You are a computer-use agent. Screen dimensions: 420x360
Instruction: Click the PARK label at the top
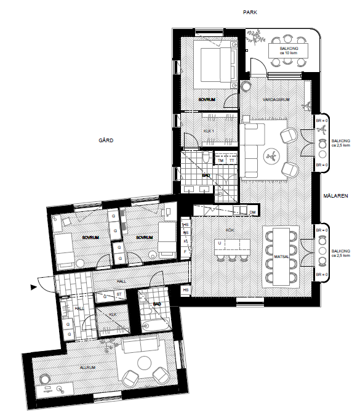249,12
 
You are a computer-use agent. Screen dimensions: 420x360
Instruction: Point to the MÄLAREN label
336,196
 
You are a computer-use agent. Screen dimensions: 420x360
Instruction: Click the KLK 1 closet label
210,131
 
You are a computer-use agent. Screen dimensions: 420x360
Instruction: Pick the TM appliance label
220,161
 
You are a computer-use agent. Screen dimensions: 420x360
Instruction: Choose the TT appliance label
231,161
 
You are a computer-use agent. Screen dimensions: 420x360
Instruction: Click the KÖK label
230,230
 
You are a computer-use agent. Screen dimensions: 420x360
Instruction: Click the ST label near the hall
119,294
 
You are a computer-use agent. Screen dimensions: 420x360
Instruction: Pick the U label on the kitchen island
219,243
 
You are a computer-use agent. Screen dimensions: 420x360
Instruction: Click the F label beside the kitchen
185,251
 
